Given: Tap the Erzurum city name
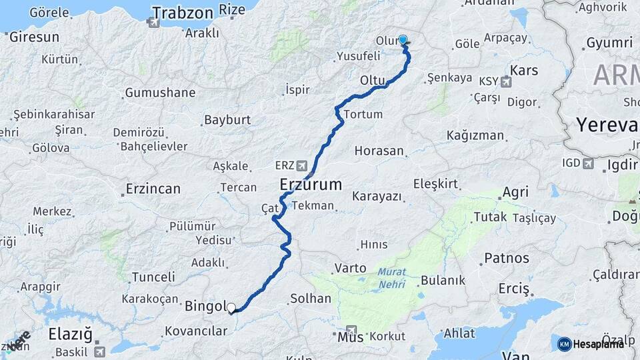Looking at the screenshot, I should (311, 184).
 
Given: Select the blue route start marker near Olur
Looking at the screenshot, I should (403, 40).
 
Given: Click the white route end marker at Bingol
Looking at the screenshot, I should (231, 308).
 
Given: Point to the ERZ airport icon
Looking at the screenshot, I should (303, 165).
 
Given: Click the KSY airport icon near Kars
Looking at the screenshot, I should (505, 82).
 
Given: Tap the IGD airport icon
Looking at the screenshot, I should (587, 163).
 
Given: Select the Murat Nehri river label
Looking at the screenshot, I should (391, 276).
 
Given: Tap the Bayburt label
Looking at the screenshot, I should (227, 120).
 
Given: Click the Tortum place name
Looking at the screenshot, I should (363, 114).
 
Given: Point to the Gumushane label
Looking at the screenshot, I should (160, 93).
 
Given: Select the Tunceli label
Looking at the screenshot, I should (153, 277).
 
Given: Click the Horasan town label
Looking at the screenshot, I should (379, 151).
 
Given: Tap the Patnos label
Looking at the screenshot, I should (507, 258).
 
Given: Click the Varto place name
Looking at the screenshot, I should (350, 267).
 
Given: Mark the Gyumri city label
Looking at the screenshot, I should (609, 43).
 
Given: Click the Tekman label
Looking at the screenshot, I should (313, 205).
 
